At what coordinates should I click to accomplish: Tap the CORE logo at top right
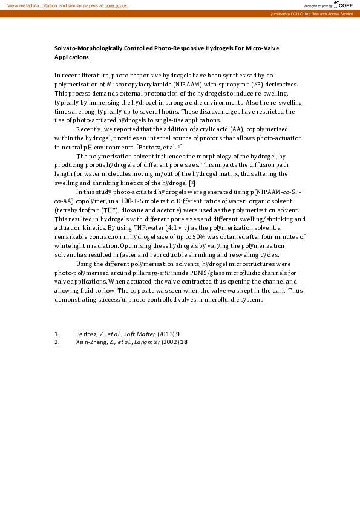click(345, 5)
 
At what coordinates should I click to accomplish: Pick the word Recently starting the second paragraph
click(88, 129)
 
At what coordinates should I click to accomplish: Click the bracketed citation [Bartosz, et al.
click(157, 147)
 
